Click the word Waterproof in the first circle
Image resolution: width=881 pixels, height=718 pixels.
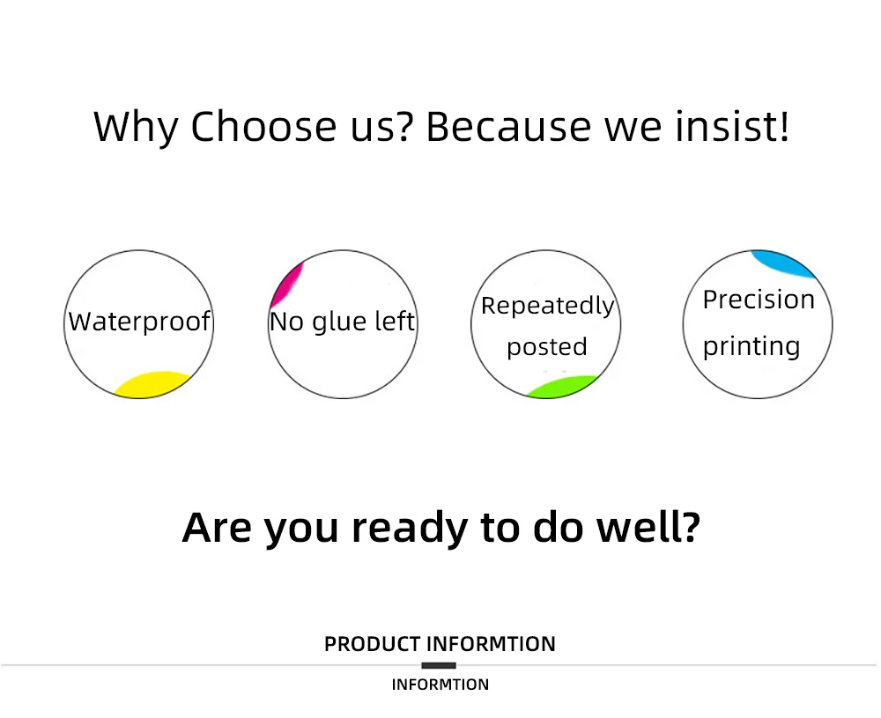pos(139,322)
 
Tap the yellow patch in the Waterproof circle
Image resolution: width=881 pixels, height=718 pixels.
pos(153,385)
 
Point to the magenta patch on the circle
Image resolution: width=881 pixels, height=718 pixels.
pos(286,284)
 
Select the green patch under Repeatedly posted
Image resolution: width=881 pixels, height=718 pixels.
pos(562,387)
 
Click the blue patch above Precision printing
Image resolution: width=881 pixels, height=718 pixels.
pos(783,263)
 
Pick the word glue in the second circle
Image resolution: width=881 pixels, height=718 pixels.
pos(339,322)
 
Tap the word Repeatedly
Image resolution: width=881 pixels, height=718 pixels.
pos(547,307)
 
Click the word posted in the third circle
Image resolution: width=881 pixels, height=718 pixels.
pos(547,347)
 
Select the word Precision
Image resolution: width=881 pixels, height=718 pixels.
pos(759,300)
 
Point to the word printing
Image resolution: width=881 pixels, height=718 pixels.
pos(751,346)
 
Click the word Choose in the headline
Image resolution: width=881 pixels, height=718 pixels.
pos(263,126)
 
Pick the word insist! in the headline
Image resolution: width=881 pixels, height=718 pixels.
pos(732,126)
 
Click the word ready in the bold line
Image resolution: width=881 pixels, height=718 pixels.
pos(410,528)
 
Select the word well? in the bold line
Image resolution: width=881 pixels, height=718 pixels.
pos(648,527)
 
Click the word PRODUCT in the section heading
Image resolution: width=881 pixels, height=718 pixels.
pos(373,644)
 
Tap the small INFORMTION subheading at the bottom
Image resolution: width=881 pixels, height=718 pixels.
pos(440,685)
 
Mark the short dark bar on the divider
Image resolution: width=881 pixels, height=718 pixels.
pos(439,666)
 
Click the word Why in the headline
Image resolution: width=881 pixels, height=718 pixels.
pos(136,128)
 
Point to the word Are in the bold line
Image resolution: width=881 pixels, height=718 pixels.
pos(217,528)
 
